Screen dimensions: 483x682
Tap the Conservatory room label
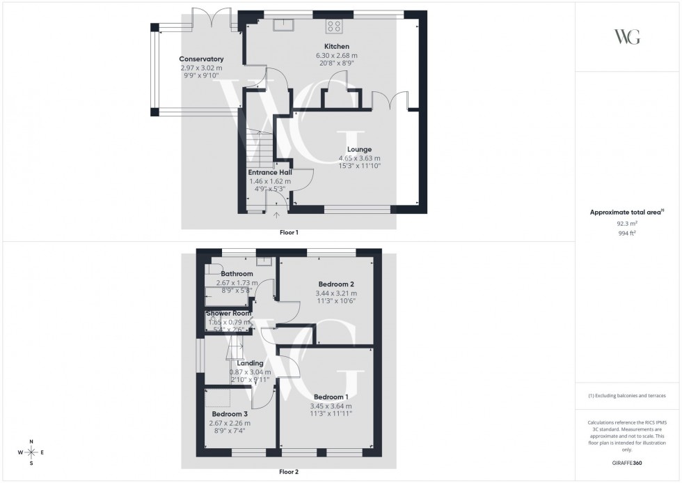(201, 59)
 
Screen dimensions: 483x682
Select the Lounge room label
(359, 149)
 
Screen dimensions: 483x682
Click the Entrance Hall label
(270, 172)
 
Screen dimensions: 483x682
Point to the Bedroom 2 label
(337, 284)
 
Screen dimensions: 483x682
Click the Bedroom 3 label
(230, 413)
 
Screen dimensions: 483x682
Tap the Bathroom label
(237, 274)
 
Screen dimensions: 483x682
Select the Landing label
(250, 363)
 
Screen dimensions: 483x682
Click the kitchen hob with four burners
(334, 26)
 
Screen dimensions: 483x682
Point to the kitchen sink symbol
(284, 26)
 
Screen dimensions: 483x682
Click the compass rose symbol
(32, 452)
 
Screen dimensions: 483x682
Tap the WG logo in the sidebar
(627, 37)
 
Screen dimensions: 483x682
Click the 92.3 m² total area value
(627, 224)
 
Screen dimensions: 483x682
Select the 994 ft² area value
(627, 234)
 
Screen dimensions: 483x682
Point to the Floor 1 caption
(289, 232)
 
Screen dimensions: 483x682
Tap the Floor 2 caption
(289, 472)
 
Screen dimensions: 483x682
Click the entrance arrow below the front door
(277, 216)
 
